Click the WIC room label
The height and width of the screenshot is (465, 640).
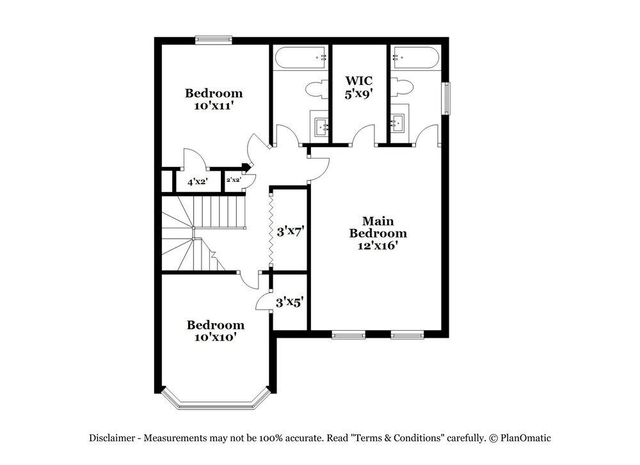pos(358,81)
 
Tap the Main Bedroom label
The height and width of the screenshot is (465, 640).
pos(378,226)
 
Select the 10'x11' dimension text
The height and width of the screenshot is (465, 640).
pos(214,106)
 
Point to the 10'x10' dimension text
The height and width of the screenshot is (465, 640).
pos(215,336)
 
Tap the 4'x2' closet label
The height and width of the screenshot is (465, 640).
pos(198,182)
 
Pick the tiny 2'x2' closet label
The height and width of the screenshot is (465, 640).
pos(233,180)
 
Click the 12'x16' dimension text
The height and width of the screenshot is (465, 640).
pos(378,244)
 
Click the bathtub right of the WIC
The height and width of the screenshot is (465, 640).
pos(415,59)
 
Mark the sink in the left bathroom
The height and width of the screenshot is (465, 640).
pos(320,125)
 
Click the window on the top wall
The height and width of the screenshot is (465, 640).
pos(214,40)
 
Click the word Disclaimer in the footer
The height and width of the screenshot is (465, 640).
pos(112,438)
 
